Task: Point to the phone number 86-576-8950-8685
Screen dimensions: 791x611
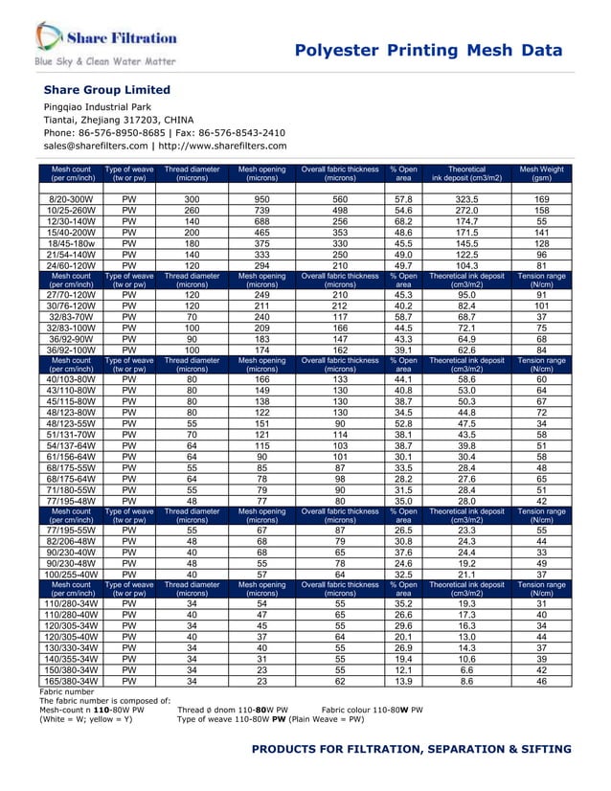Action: [x=131, y=132]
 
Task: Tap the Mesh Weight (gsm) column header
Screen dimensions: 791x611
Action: [x=541, y=173]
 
